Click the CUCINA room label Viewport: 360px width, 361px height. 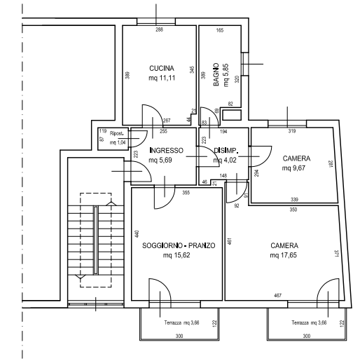[x=157, y=68]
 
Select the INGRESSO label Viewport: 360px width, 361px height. [x=167, y=150]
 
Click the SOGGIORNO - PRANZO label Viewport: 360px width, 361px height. [x=178, y=246]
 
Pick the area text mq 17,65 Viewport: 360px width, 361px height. [x=284, y=256]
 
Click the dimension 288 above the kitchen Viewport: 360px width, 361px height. [x=159, y=29]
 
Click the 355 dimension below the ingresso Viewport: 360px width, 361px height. [x=186, y=192]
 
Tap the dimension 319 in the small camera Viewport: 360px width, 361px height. [x=292, y=131]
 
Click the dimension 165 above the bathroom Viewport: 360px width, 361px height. [x=219, y=30]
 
